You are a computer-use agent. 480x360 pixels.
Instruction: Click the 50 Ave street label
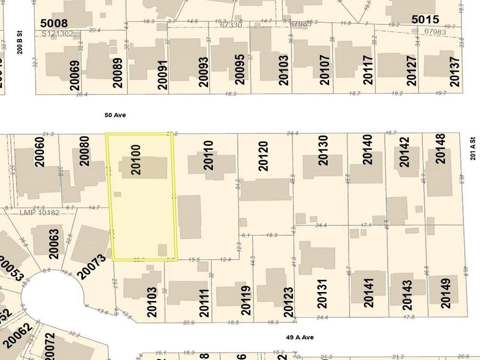(x=115, y=115)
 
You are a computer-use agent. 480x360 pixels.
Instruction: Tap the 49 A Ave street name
(x=300, y=337)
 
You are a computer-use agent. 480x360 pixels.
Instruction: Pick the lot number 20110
(x=209, y=155)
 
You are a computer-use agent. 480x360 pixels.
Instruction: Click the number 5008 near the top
(x=54, y=23)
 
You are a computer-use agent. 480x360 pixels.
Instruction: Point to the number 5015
(x=425, y=19)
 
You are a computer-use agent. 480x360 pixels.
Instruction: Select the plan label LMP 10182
(x=40, y=213)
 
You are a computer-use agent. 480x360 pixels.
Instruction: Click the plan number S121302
(x=57, y=34)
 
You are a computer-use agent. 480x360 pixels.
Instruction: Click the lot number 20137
(x=454, y=72)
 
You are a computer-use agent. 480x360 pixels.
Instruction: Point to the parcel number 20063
(x=54, y=244)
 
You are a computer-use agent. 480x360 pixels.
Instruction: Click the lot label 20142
(x=404, y=152)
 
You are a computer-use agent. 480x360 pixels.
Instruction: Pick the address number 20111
(x=204, y=303)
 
